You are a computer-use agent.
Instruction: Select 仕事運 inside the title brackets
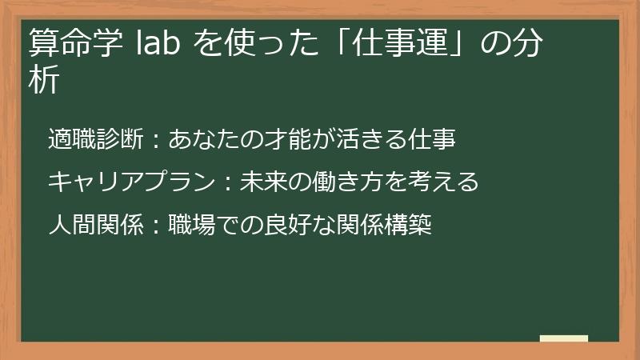click(x=396, y=42)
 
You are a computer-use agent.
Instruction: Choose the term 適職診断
click(x=95, y=140)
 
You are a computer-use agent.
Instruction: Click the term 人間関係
click(x=95, y=225)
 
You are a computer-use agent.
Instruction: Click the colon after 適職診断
click(x=155, y=141)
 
